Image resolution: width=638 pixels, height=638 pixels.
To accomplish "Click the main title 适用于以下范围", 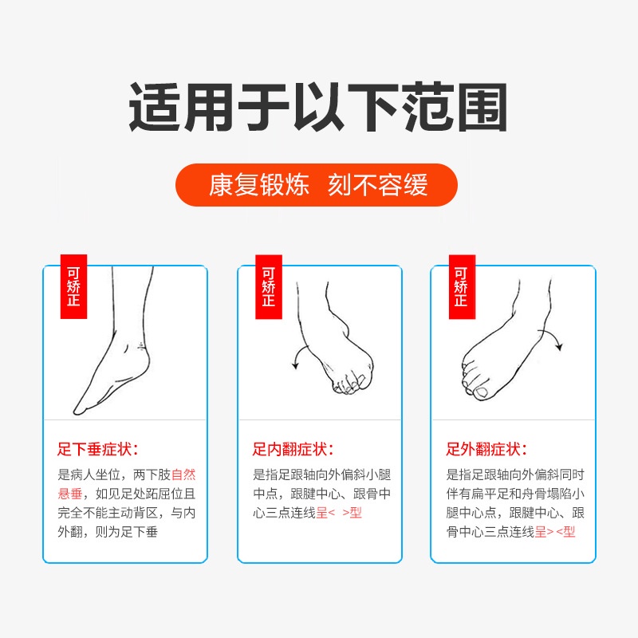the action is click(318, 107).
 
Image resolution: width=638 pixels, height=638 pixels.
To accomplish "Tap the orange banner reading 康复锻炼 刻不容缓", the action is click(317, 185).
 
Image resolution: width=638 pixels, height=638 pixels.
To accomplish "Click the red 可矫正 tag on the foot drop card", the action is click(73, 286).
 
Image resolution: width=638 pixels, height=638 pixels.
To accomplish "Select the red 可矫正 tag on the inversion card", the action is click(269, 286).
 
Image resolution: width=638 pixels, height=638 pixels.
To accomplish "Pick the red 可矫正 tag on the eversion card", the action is click(462, 286).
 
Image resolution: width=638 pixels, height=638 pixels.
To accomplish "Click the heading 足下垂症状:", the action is click(97, 449).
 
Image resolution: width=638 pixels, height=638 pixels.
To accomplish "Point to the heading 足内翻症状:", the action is click(293, 449).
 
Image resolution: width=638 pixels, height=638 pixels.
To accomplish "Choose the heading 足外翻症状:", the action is click(486, 449).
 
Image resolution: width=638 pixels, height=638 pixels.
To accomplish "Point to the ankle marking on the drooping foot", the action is click(141, 346).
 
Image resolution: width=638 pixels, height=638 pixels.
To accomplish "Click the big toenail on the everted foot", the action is click(482, 392).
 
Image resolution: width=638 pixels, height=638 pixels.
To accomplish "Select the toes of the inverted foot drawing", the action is click(349, 384).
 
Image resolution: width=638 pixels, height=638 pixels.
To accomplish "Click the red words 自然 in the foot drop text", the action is click(183, 475).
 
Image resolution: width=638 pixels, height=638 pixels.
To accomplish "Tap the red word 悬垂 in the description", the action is click(70, 494).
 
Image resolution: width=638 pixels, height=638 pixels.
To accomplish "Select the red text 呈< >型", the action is click(339, 513).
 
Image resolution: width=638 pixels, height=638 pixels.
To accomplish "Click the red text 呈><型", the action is click(555, 532).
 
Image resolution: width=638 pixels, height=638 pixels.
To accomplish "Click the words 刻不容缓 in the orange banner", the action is click(378, 185).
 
